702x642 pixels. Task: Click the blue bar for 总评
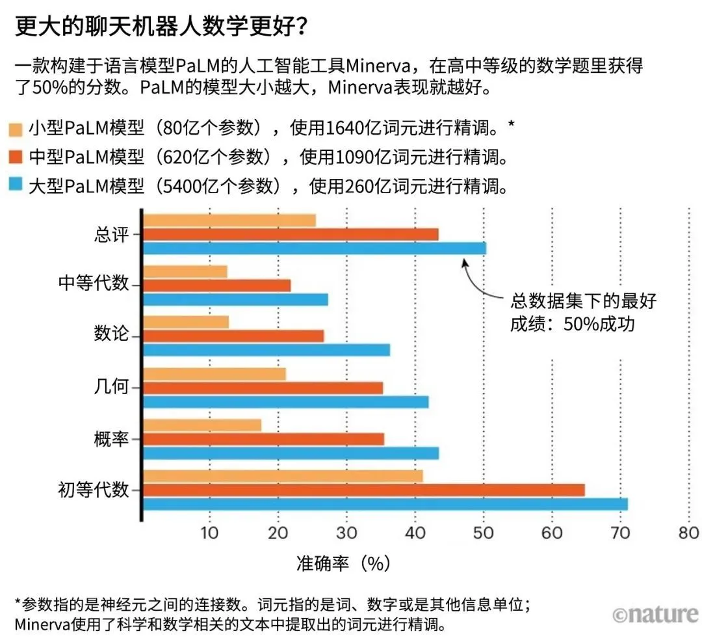tap(314, 248)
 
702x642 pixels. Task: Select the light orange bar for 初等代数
tap(283, 475)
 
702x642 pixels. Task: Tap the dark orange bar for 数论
tap(233, 336)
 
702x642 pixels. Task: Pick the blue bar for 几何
tap(285, 402)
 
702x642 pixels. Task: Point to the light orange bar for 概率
tap(202, 425)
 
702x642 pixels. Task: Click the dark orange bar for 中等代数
tap(216, 285)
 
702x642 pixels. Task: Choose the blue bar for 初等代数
tap(385, 503)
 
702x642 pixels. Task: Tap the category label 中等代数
tap(94, 284)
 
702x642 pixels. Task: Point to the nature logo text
tap(655, 613)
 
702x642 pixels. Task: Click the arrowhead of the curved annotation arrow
tap(463, 261)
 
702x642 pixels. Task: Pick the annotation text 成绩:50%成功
tap(572, 323)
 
